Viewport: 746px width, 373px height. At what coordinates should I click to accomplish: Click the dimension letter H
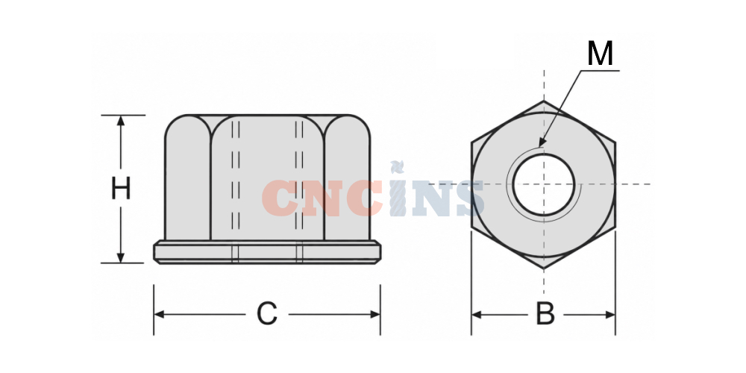(121, 189)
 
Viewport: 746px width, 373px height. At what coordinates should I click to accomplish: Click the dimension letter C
(266, 314)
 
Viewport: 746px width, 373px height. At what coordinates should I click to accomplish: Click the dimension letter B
(545, 314)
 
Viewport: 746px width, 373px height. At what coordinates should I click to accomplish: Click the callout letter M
(600, 53)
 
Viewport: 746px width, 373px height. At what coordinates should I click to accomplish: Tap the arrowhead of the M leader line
(542, 142)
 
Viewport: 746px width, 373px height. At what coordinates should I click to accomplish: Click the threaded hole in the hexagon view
(544, 184)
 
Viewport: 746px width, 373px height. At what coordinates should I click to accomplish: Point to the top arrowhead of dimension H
(120, 120)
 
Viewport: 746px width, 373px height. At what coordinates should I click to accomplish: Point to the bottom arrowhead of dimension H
(120, 257)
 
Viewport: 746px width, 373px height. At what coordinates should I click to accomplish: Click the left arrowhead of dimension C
(160, 315)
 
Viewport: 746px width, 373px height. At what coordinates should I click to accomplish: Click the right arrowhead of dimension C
(375, 315)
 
